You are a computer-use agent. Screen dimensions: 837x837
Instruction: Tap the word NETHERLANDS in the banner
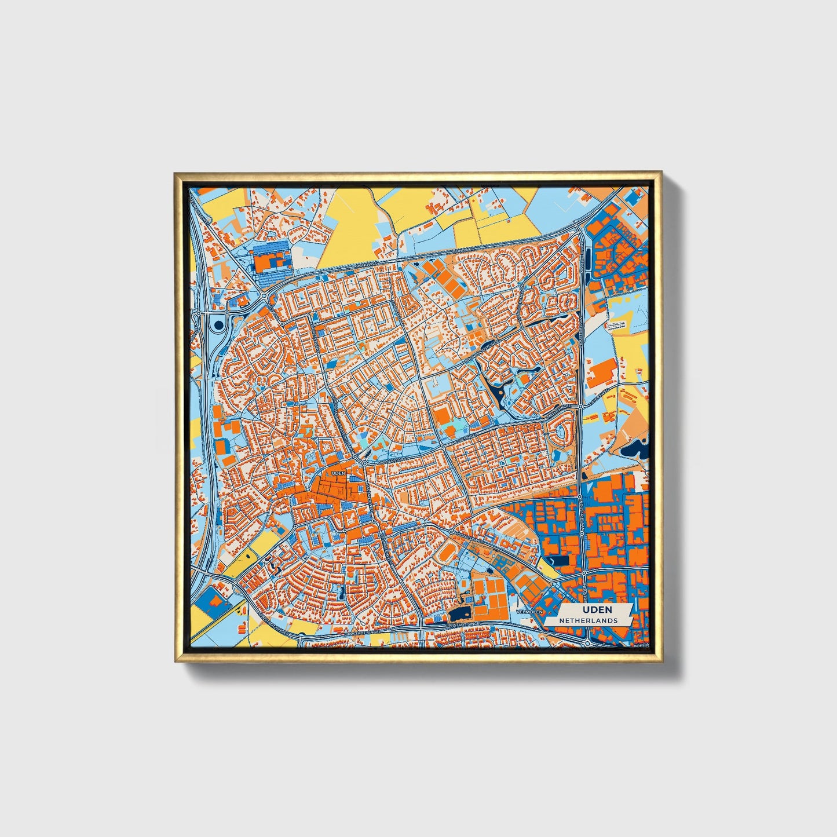coord(588,620)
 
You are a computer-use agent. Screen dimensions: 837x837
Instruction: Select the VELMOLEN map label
coord(532,612)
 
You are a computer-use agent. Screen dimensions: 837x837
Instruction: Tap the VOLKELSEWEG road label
coord(467,533)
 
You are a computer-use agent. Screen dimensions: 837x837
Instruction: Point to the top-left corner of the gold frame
coord(176,173)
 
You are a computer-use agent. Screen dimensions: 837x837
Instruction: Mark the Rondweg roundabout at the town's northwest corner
coord(265,296)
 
